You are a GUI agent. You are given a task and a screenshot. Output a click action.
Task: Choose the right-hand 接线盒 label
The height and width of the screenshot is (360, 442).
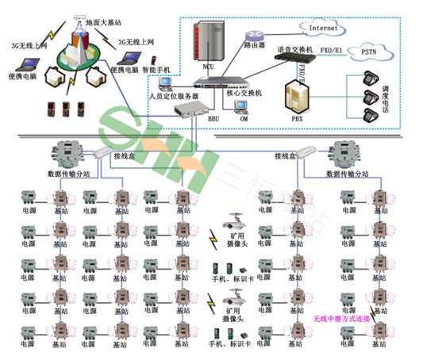tap(286, 155)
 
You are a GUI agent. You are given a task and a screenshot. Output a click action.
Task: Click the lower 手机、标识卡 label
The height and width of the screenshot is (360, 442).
tap(226, 343)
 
